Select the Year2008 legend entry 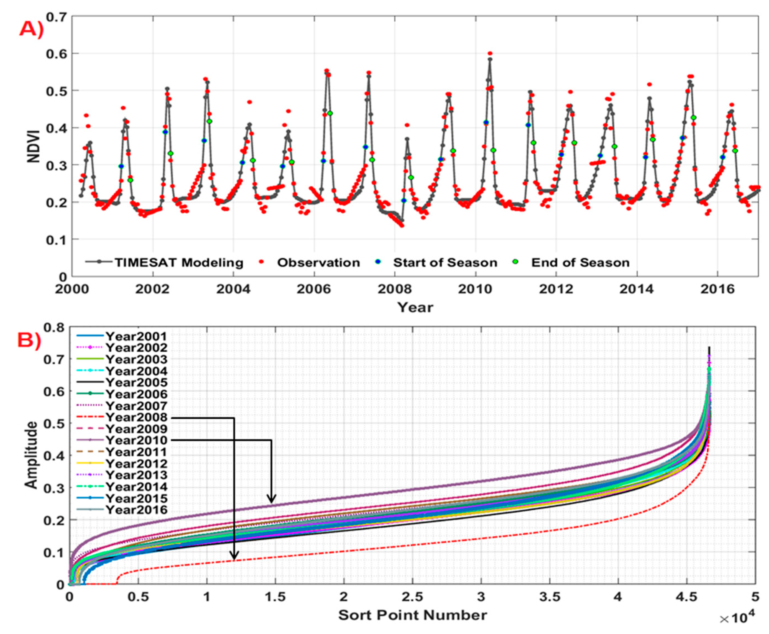click(136, 417)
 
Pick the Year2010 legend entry click(136, 440)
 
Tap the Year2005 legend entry click(136, 383)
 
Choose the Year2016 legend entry click(136, 510)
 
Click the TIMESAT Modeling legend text click(179, 263)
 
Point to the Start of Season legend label click(445, 263)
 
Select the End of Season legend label click(580, 263)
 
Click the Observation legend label click(318, 263)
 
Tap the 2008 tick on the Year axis click(394, 289)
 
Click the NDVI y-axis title click(34, 146)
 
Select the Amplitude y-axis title click(32, 455)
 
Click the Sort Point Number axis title click(412, 615)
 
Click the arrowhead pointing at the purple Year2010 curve click(271, 498)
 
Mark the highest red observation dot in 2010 click(490, 53)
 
